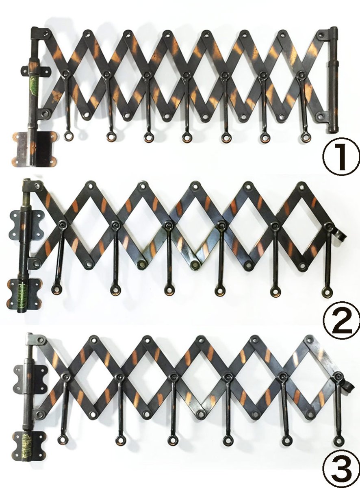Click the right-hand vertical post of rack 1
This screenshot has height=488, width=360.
click(333, 81)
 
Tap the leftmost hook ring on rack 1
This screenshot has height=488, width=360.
click(67, 135)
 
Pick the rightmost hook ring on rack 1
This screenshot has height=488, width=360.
click(306, 137)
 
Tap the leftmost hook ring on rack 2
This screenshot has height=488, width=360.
click(56, 290)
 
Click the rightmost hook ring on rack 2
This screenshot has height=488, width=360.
click(327, 292)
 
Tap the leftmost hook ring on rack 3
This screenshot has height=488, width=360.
click(62, 439)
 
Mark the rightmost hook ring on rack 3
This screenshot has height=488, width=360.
click(338, 440)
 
